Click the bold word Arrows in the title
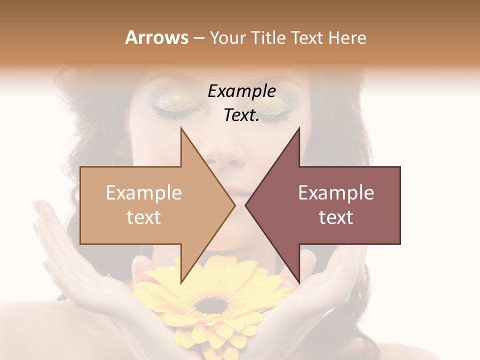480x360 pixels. tap(156, 37)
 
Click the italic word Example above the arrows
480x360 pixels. tap(242, 91)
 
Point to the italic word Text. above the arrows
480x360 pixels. tap(241, 115)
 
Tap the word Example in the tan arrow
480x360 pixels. tap(144, 193)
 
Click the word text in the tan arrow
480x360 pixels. tap(144, 217)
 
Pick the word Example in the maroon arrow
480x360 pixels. tap(336, 193)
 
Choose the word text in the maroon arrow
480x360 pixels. tap(336, 217)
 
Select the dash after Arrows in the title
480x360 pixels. tap(198, 38)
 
